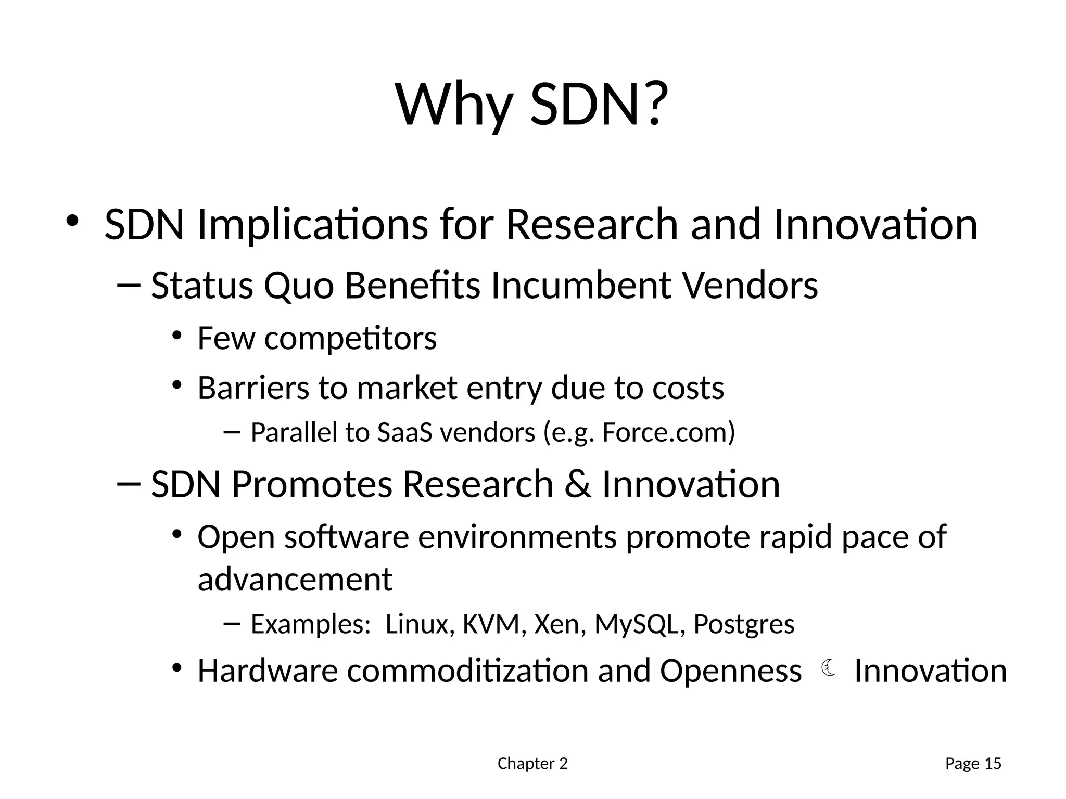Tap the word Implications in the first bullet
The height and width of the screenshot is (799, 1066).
[x=312, y=225]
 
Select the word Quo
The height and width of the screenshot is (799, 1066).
[x=299, y=286]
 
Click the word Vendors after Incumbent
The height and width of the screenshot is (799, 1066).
[x=750, y=286]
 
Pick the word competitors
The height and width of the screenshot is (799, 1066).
[x=350, y=339]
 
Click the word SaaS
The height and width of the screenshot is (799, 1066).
[x=404, y=432]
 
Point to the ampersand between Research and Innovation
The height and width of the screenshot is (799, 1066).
[x=578, y=484]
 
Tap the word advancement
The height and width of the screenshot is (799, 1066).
[x=295, y=579]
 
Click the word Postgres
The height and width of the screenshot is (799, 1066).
[x=744, y=624]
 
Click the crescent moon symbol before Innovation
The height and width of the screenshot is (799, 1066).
[x=828, y=668]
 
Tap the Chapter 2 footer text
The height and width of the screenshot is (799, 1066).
[x=532, y=764]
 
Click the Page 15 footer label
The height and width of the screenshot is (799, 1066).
[x=973, y=764]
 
